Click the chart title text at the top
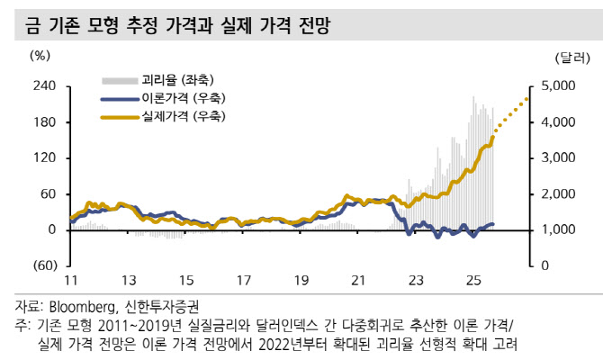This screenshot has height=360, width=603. (172, 27)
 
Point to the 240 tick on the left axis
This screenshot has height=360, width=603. (44, 86)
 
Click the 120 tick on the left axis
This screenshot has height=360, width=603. (44, 158)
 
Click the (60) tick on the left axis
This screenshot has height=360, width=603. (43, 266)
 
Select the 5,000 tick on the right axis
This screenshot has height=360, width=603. (570, 86)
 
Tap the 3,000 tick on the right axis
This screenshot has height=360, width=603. (570, 158)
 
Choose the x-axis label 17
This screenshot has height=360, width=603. (244, 280)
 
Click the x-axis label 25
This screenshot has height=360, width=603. (472, 280)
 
